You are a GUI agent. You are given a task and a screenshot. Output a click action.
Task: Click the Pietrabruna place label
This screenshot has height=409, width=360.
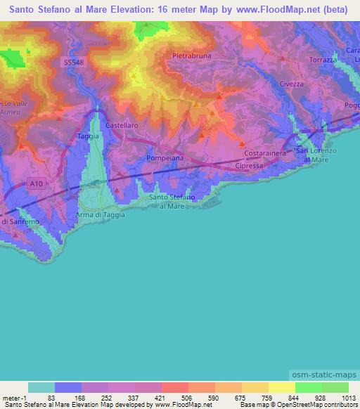click(x=191, y=55)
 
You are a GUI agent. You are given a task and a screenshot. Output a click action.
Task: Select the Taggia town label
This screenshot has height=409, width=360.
click(x=88, y=134)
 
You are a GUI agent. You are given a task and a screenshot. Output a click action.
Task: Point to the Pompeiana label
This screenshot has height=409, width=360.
click(x=165, y=159)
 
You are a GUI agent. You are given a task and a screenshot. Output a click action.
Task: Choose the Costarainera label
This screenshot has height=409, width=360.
click(x=263, y=152)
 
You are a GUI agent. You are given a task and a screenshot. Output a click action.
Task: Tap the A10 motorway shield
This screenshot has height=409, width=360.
click(x=37, y=183)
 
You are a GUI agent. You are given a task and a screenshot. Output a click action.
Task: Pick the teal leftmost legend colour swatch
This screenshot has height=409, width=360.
click(x=41, y=387)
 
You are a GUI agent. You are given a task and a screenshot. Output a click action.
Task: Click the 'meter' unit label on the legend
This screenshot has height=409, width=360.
click(x=11, y=397)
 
